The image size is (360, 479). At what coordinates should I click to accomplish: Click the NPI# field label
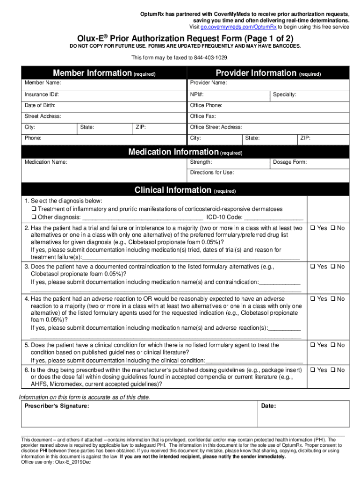coord(197,94)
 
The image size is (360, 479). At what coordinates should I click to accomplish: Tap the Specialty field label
coord(284,94)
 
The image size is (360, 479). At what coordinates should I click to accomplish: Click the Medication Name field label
coord(45,162)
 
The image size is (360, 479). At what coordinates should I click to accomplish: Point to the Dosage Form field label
coord(290,162)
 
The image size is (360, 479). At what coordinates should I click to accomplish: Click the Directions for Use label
coord(212,173)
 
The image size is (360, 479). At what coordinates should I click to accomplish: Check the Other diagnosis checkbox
coord(34,218)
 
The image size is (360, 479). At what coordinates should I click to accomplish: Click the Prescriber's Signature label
coord(57,406)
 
